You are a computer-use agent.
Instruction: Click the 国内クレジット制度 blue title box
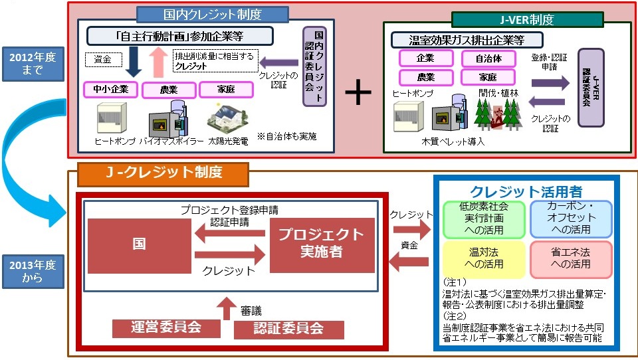(x=212, y=15)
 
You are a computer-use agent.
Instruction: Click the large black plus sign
(x=358, y=94)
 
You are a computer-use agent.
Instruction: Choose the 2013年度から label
(x=33, y=272)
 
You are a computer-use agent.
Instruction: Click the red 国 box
(x=139, y=245)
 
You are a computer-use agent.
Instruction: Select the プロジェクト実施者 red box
(x=322, y=245)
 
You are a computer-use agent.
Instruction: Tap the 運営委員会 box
(x=165, y=327)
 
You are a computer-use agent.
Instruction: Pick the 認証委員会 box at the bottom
(x=288, y=329)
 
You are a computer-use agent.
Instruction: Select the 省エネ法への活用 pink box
(x=571, y=258)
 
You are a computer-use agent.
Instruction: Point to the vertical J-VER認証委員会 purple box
(x=595, y=87)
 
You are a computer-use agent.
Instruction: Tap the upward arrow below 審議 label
(x=226, y=308)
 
